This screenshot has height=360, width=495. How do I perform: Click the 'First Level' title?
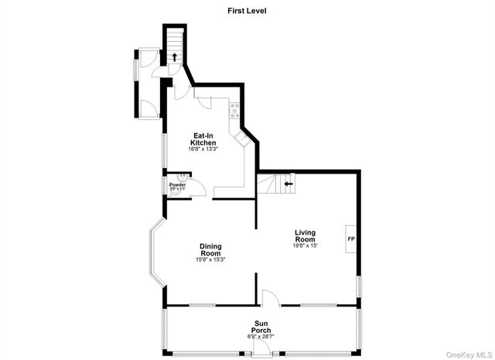(247, 11)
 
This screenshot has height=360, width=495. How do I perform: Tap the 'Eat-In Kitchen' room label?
(203, 139)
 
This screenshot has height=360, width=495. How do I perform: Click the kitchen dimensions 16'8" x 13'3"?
(203, 149)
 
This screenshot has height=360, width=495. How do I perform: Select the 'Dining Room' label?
(210, 250)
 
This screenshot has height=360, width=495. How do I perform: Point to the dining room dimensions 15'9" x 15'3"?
(210, 260)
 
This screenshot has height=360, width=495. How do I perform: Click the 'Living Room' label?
(305, 236)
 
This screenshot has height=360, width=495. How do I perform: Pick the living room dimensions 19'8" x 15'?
(305, 246)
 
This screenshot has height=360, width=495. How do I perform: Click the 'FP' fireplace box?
(350, 238)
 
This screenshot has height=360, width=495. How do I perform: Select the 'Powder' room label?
(177, 185)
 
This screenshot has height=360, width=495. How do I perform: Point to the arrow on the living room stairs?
(288, 184)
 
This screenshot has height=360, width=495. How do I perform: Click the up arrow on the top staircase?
(175, 56)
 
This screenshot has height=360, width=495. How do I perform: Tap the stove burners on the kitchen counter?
(232, 114)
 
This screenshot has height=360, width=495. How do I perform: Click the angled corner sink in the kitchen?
(242, 139)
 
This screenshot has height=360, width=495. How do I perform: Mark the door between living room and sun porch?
(268, 298)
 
